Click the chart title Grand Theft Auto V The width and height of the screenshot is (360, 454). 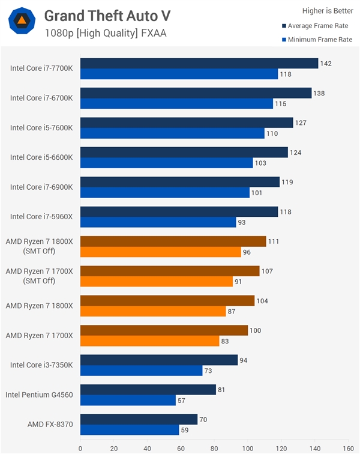(x=107, y=15)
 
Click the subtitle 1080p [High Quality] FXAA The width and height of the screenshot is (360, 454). (x=105, y=33)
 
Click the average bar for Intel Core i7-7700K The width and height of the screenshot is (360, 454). (x=199, y=64)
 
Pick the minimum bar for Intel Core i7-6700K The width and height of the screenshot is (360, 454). (x=176, y=104)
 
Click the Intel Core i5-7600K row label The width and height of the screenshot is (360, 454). (x=41, y=128)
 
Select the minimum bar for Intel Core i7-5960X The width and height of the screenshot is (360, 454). (x=158, y=222)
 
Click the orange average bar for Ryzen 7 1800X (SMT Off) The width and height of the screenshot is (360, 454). (x=173, y=241)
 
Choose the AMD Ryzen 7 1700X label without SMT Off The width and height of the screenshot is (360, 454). (x=39, y=335)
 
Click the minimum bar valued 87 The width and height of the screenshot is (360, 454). (x=153, y=311)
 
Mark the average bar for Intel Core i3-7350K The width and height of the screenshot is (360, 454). (x=159, y=360)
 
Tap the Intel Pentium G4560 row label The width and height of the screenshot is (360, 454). (x=39, y=395)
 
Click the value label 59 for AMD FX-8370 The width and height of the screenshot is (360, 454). (x=187, y=430)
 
